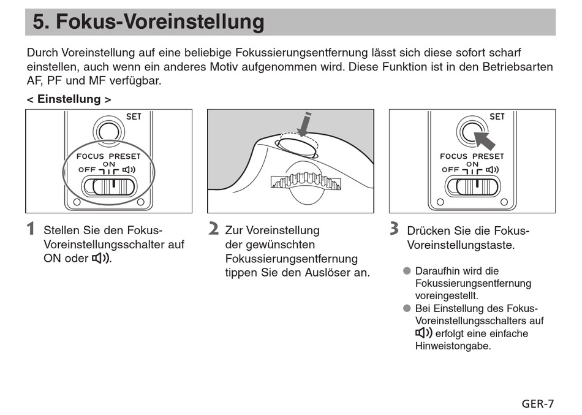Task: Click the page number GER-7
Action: tap(537, 403)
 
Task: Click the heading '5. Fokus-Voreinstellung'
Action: tap(149, 22)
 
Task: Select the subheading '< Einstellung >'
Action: tap(69, 99)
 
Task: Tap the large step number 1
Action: tap(31, 230)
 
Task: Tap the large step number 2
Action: tap(213, 230)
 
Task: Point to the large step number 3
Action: tap(395, 230)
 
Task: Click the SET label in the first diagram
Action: tap(134, 116)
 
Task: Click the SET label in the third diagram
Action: tap(497, 116)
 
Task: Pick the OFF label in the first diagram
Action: tap(86, 170)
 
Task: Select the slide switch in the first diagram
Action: tap(110, 186)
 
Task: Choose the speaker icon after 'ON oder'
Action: tap(101, 258)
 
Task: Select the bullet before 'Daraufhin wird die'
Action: tap(407, 271)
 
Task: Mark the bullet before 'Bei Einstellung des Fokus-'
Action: tap(407, 308)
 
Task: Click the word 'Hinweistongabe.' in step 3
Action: tap(453, 346)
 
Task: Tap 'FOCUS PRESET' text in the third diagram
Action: tap(472, 156)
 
